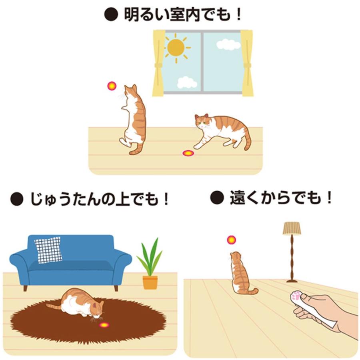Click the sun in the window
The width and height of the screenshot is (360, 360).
(x=176, y=47)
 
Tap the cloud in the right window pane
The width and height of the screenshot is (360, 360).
(x=228, y=44)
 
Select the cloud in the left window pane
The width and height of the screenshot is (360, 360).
(x=187, y=82)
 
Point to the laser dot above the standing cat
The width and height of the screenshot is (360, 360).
(x=111, y=86)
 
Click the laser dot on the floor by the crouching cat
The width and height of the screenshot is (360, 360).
(x=187, y=153)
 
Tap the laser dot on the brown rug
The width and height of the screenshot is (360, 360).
(x=104, y=325)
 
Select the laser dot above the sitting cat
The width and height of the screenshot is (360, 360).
(x=231, y=240)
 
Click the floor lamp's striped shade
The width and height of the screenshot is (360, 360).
(x=292, y=228)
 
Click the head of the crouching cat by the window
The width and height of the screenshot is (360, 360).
(x=202, y=121)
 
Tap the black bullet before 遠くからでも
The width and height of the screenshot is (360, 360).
(x=216, y=197)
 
